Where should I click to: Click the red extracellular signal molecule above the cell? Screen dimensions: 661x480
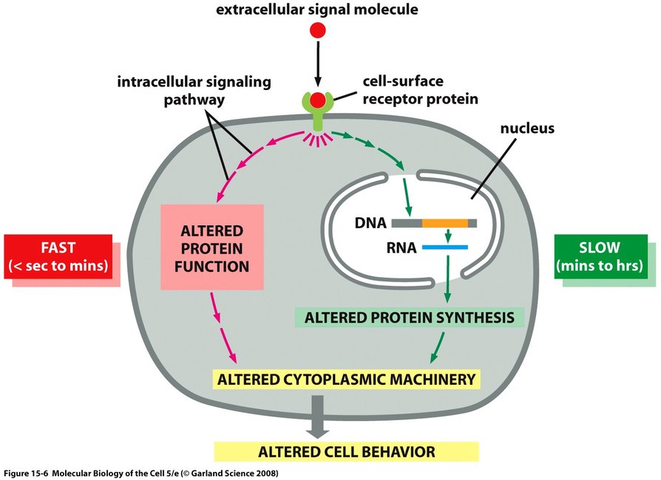pyautogui.click(x=318, y=30)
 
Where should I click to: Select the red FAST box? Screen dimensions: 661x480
pyautogui.click(x=58, y=256)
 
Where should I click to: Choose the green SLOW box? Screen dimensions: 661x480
pyautogui.click(x=600, y=256)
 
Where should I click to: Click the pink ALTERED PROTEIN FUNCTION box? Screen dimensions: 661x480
pyautogui.click(x=212, y=247)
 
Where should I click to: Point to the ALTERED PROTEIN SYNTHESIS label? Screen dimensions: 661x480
pyautogui.click(x=410, y=318)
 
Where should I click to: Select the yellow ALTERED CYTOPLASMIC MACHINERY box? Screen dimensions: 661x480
pyautogui.click(x=347, y=380)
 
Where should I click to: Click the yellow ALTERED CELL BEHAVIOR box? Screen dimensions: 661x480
pyautogui.click(x=347, y=452)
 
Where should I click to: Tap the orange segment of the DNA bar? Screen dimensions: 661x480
pyautogui.click(x=445, y=223)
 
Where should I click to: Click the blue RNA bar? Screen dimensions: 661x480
pyautogui.click(x=445, y=247)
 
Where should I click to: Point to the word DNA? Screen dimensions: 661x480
pyautogui.click(x=370, y=223)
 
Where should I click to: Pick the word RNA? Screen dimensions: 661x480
pyautogui.click(x=401, y=247)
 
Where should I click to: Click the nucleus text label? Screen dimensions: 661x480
pyautogui.click(x=527, y=128)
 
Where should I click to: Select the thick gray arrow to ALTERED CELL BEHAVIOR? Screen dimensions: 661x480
pyautogui.click(x=317, y=416)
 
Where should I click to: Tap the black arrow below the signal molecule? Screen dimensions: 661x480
pyautogui.click(x=318, y=64)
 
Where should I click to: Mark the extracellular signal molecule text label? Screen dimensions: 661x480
pyautogui.click(x=317, y=10)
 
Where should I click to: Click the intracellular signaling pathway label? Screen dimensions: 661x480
pyautogui.click(x=194, y=91)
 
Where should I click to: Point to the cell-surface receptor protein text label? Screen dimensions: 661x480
pyautogui.click(x=420, y=89)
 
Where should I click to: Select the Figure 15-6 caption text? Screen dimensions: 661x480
pyautogui.click(x=141, y=473)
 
